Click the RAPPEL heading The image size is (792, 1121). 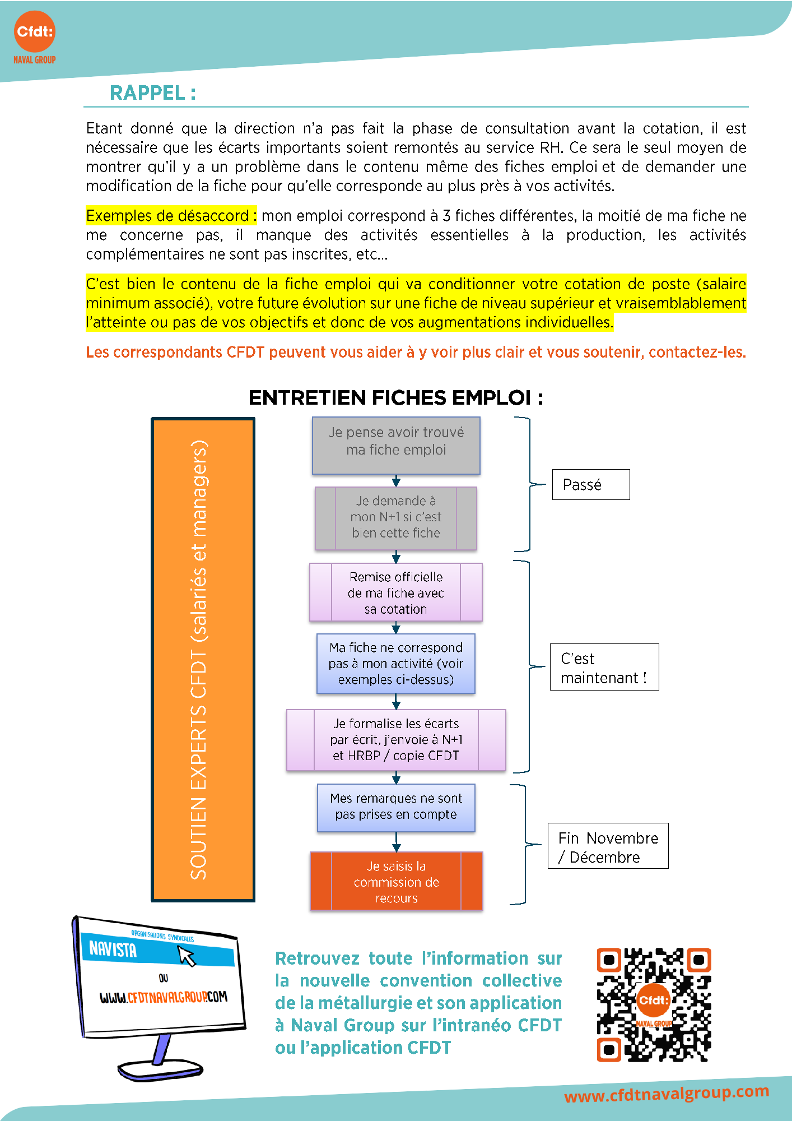click(x=152, y=93)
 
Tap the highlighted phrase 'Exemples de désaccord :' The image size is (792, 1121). click(x=171, y=216)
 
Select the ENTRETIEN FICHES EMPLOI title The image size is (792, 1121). click(x=395, y=398)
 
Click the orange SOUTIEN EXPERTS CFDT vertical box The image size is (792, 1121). click(x=203, y=659)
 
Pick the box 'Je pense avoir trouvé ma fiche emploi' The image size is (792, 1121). click(x=396, y=446)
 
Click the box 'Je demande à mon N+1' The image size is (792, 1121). click(x=396, y=518)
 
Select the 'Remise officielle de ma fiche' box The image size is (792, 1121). click(x=396, y=592)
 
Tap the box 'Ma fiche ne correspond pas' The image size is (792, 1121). click(x=396, y=664)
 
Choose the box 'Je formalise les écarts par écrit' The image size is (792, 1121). click(x=396, y=740)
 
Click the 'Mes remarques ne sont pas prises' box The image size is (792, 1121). click(x=396, y=808)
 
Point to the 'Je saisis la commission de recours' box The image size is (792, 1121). click(x=396, y=882)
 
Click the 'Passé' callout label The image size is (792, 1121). click(x=591, y=484)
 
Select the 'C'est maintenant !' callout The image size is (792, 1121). click(x=604, y=667)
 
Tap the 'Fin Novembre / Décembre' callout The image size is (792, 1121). click(x=608, y=846)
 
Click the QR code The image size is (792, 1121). click(x=654, y=1004)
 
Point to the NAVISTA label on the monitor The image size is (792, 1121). click(x=113, y=948)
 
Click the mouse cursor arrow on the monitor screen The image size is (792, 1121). click(x=187, y=955)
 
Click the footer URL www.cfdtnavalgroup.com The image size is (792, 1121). click(x=667, y=1094)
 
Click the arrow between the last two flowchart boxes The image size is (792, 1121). click(x=396, y=842)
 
